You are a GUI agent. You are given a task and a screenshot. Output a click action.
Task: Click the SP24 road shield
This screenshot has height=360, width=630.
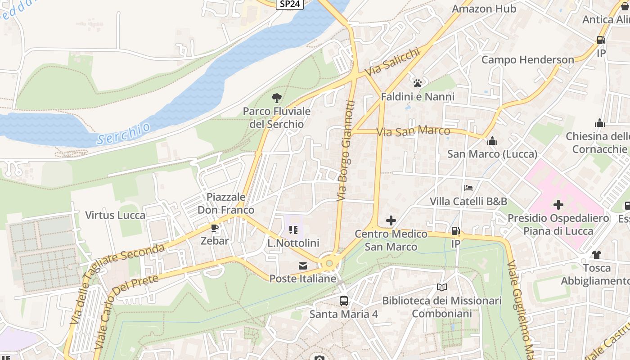coord(290,4)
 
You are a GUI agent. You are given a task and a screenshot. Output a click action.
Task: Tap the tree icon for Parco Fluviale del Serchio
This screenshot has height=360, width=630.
coord(276,98)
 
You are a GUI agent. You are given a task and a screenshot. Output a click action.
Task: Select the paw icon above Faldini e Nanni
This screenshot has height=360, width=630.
coord(418,83)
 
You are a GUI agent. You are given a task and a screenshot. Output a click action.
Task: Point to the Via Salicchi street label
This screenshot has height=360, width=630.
coord(392,63)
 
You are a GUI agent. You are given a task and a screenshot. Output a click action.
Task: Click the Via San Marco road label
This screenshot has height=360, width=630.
coord(413,131)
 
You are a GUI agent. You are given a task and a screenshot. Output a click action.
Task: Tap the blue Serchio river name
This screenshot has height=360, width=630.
coord(124,134)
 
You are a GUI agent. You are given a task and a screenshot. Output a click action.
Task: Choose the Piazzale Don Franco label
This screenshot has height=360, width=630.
coord(226,203)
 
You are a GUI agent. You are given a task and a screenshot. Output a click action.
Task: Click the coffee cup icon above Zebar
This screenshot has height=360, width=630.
coord(215,228)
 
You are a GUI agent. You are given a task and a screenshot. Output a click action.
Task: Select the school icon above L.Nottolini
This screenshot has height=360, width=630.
coord(293,230)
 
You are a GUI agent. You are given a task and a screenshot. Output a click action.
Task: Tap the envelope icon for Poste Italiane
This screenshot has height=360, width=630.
coord(303,266)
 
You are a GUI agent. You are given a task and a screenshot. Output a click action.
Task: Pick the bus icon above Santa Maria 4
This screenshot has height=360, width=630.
coord(343,301)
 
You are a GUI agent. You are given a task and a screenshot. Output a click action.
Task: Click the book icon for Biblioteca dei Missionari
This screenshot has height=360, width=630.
coord(441,287)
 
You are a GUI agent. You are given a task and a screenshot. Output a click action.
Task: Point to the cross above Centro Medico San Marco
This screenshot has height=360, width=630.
coord(391,220)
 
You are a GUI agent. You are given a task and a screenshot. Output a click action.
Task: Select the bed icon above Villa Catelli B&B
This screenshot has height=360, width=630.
coord(468,188)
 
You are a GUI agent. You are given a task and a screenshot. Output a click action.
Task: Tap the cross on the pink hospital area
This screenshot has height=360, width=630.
coord(558,205)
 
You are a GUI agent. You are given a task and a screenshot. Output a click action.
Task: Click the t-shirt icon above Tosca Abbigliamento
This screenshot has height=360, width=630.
coord(597,255)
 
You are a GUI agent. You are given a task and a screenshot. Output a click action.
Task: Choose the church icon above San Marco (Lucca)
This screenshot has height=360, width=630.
coord(492,141)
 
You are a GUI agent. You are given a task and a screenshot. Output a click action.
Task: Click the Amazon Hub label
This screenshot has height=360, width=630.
coord(484,9)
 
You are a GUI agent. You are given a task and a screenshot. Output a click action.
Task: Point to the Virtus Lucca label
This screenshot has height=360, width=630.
coord(115,215)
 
